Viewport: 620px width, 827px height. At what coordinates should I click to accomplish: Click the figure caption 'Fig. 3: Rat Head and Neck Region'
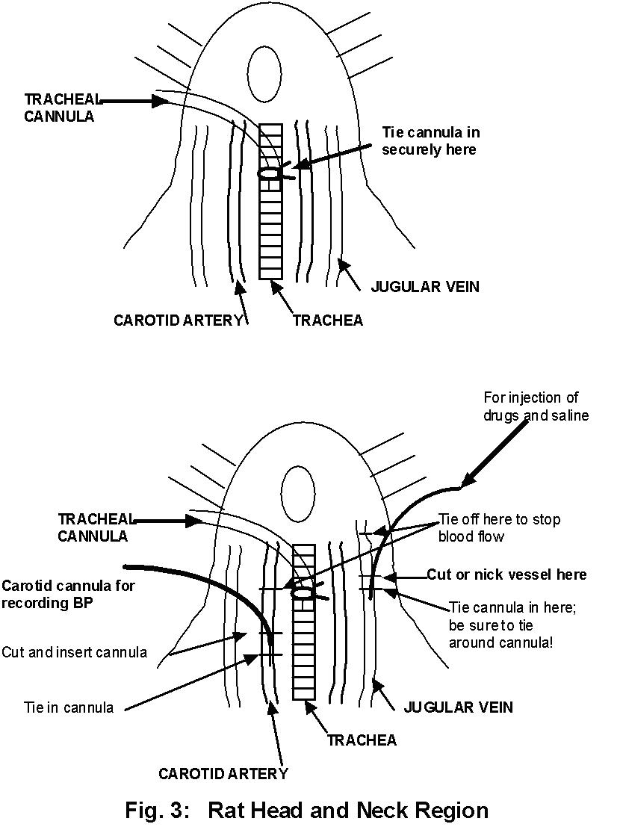coord(306,810)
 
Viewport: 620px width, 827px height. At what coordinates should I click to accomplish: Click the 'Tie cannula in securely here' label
coord(431,140)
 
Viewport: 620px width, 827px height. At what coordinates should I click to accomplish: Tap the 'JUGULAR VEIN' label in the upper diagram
coord(425,287)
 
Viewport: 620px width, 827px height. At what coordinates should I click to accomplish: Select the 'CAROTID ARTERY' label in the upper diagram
coord(179,320)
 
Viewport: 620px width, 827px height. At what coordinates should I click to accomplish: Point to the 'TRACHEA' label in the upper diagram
coord(328,320)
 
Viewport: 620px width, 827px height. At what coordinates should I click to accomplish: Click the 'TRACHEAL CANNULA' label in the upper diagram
coord(60,108)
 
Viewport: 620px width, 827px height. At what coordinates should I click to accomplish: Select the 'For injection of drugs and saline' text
coord(536,406)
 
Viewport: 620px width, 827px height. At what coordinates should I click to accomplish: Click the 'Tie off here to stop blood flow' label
coord(499,527)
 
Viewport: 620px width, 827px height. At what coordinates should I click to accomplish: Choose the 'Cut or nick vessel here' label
coord(506,574)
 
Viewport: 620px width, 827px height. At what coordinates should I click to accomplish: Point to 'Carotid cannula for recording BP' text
coord(68,594)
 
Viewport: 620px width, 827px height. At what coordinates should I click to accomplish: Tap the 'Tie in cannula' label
coord(69,707)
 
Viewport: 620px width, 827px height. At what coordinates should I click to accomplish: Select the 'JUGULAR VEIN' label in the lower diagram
coord(458,707)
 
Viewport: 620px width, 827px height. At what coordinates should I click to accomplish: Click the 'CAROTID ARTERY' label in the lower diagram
coord(223,774)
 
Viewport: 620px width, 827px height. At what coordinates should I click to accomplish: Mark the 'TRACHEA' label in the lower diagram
coord(362,740)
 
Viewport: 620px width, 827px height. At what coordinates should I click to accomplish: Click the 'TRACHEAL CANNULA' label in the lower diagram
coord(95,527)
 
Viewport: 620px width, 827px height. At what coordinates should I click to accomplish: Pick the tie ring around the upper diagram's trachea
coord(269,173)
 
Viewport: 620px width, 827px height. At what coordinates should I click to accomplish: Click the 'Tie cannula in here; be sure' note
coord(503,625)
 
